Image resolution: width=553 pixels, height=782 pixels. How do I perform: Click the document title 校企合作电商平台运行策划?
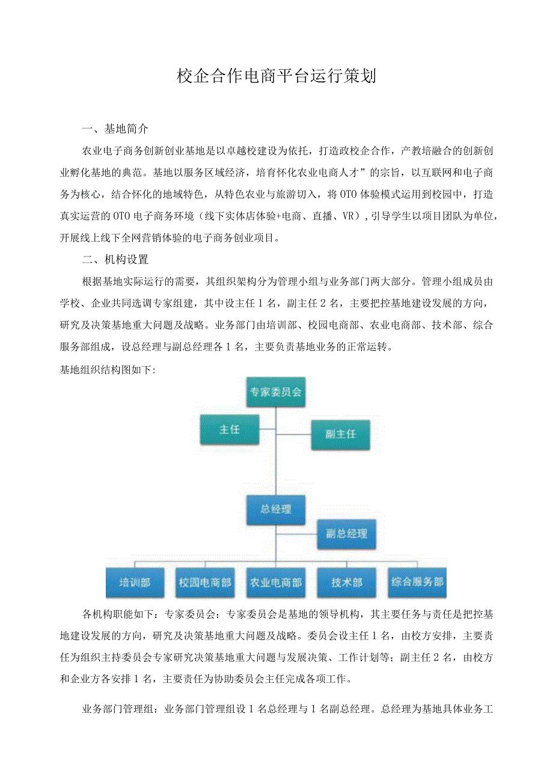[276, 76]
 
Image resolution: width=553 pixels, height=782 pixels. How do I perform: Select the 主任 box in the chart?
[230, 430]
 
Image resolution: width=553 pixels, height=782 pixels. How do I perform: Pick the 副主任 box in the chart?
[340, 434]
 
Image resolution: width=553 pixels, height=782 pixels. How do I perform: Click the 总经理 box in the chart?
[276, 510]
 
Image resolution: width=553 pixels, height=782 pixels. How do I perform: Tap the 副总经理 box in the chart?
[346, 534]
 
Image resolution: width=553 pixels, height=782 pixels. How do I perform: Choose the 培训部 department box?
[134, 582]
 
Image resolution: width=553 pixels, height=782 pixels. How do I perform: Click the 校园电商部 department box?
[205, 582]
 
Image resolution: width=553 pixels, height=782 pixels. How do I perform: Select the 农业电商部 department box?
[276, 582]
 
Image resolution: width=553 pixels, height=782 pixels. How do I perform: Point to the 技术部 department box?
[347, 582]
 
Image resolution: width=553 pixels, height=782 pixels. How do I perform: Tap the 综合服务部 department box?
[417, 582]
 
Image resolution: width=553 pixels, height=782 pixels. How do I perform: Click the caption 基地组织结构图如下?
[107, 370]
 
